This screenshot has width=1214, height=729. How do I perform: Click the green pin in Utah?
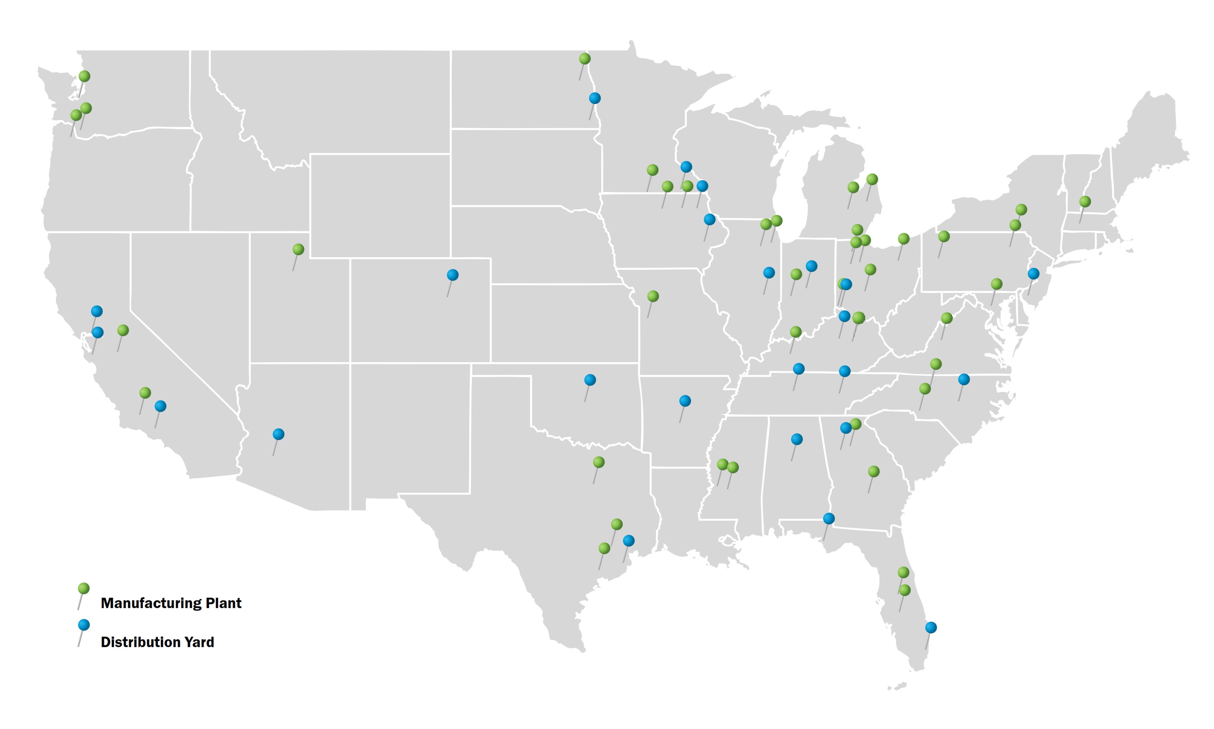(298, 250)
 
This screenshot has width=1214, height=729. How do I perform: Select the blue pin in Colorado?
(452, 275)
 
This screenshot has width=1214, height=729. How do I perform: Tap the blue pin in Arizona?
(278, 434)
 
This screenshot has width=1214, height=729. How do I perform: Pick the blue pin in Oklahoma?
(590, 380)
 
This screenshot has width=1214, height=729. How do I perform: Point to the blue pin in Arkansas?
(685, 401)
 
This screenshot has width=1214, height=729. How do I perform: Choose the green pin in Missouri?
(652, 296)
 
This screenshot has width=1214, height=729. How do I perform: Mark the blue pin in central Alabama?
(797, 439)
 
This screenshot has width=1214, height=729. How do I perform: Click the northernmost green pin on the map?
(584, 59)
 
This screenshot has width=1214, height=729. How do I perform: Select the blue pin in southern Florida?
(931, 627)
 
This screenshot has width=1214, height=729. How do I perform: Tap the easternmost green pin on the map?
(1085, 202)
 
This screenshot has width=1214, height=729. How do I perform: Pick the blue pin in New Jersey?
(1033, 273)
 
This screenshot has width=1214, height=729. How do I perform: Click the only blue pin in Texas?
(629, 541)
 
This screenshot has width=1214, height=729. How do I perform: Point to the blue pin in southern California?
(160, 406)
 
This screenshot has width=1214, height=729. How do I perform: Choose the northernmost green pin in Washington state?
(84, 76)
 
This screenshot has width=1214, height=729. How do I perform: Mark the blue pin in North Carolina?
(964, 379)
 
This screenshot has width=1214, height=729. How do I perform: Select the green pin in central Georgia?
(873, 472)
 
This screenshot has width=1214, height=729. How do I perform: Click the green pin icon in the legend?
(84, 589)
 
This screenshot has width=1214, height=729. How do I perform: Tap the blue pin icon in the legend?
(84, 625)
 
